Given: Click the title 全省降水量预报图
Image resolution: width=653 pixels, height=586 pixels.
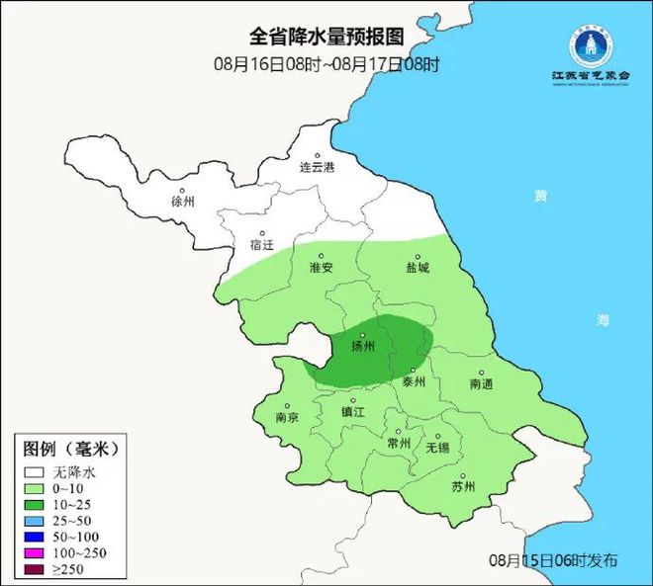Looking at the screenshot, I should coord(326,37).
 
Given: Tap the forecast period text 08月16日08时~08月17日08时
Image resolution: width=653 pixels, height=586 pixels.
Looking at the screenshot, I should coord(326,64).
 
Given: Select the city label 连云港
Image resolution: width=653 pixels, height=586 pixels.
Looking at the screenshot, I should coord(318,168).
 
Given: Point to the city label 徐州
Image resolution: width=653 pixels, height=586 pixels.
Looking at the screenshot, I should coord(183,201).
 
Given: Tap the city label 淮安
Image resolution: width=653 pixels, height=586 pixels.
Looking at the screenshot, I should coord(321,268).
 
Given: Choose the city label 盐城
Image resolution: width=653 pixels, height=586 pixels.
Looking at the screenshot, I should coord(418,268).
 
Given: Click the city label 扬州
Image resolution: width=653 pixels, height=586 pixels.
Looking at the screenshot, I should coord(364,346).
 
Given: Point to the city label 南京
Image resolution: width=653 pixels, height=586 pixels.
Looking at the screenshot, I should coord(287,417).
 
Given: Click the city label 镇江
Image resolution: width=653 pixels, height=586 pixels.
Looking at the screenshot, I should coord(353,411).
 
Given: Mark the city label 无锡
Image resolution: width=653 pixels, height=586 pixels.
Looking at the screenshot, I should coord(437,448).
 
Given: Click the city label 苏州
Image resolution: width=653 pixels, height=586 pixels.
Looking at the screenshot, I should coord(463,486).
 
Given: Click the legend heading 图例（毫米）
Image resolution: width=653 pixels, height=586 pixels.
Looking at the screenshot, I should coord(70,448).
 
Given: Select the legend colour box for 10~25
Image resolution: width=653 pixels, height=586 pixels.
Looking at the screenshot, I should coord(36,504).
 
